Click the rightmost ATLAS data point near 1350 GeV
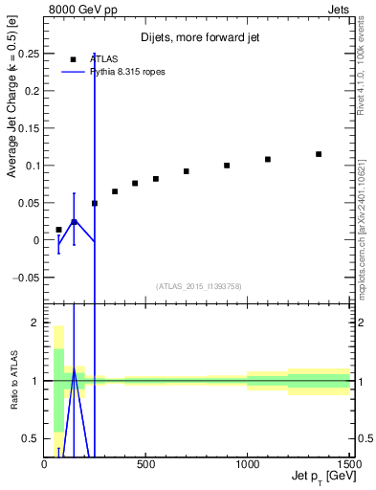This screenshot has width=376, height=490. coord(319,154)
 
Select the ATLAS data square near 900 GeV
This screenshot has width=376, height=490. coord(227,166)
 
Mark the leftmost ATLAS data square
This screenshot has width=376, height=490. coord(58,230)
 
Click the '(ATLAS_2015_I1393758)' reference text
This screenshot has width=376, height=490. coord(198,285)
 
